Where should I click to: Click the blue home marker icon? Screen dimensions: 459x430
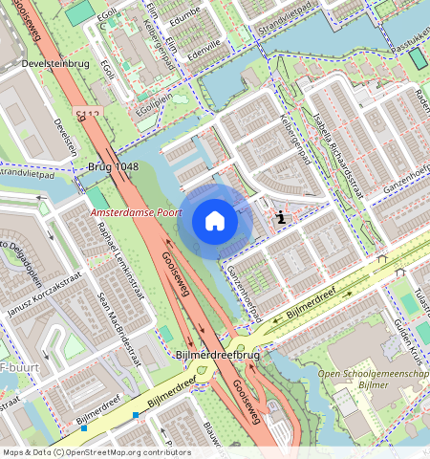point(215,221)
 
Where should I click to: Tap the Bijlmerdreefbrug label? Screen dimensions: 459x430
point(218,355)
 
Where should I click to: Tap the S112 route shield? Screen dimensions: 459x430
point(88,115)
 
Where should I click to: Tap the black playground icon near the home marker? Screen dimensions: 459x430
point(280,218)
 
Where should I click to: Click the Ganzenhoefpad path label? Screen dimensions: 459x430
point(244,285)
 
